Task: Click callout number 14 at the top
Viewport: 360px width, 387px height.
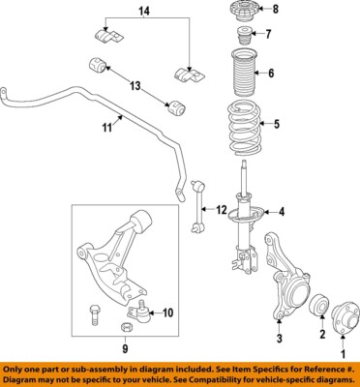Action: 144,11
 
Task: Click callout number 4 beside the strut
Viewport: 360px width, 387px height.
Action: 282,213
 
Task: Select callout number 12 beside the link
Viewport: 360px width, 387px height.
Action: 221,210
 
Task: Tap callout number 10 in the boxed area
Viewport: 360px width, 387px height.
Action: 166,312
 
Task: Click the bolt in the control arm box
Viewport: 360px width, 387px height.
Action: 94,314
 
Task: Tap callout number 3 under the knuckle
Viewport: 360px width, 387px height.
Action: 279,339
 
